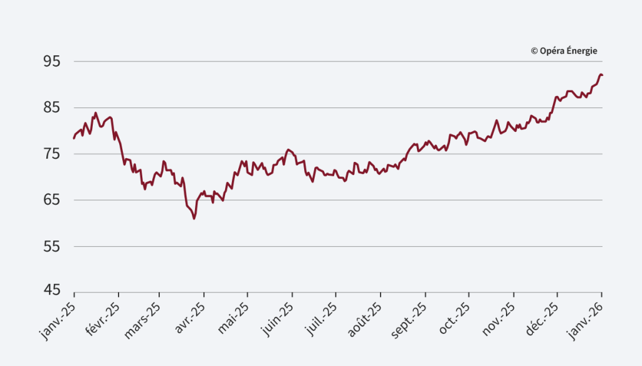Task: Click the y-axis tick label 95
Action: point(51,62)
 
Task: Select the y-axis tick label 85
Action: point(51,108)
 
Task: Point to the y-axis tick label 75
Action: point(51,154)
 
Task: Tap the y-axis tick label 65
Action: point(51,200)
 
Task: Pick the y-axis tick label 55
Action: point(51,247)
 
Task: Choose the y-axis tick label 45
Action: point(51,291)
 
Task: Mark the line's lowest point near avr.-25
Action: point(194,218)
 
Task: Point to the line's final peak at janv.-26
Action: point(601,75)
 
